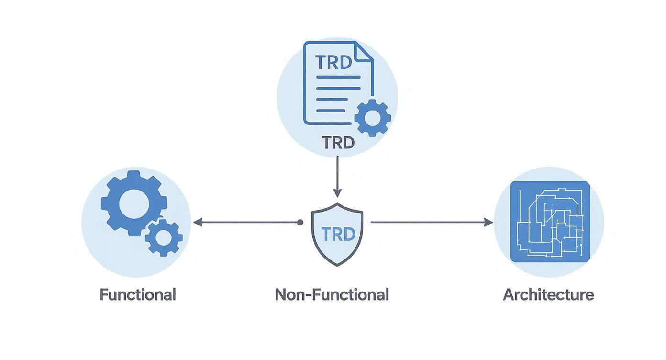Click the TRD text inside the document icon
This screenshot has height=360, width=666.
[334, 63]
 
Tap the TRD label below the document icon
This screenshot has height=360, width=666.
[338, 143]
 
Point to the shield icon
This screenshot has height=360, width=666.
[337, 234]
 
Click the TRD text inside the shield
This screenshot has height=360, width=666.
[338, 234]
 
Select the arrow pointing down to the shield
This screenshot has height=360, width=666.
[337, 177]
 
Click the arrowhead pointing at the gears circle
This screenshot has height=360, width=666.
[197, 222]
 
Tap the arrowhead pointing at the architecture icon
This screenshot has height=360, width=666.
[488, 222]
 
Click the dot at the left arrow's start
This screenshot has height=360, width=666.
[300, 222]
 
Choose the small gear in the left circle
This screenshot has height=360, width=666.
[164, 237]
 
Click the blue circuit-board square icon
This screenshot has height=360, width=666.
[549, 222]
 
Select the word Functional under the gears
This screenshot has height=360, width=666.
[138, 294]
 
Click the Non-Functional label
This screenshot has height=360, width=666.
[332, 294]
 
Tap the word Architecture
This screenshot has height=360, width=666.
[548, 294]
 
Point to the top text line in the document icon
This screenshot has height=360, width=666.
[338, 77]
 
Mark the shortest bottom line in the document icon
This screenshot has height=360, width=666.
[331, 111]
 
